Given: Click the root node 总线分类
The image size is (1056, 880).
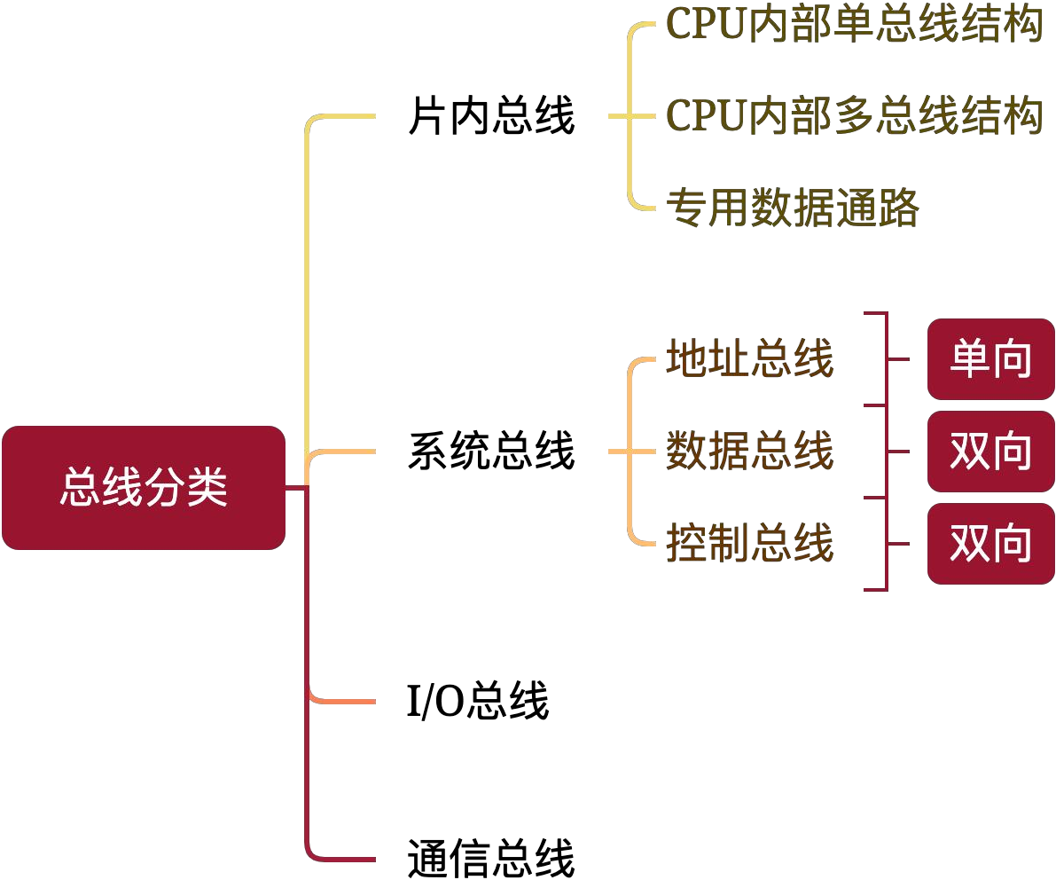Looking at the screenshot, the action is click(144, 487).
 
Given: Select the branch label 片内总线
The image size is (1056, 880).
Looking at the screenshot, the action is click(491, 116).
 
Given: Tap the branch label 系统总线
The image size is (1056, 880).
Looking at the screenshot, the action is click(491, 451).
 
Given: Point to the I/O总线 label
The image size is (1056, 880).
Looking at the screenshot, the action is click(478, 701).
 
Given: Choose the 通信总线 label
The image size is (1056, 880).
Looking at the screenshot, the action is click(491, 858).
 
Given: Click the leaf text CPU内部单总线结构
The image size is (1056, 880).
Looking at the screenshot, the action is click(854, 24).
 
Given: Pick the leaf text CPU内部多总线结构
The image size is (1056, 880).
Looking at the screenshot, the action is click(854, 115).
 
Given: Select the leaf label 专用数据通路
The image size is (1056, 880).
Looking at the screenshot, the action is click(793, 207).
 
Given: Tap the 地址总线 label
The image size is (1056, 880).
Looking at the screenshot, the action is click(750, 357).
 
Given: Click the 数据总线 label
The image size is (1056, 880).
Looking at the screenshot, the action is click(750, 451).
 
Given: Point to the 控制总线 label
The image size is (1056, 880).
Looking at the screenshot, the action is click(750, 542).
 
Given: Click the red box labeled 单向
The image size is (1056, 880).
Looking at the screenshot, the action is click(990, 359).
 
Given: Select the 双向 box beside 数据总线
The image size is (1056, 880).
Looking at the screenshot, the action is click(990, 452).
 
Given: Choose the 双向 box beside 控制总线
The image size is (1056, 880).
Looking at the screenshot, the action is click(990, 543).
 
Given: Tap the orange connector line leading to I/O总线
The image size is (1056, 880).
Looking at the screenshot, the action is click(343, 702).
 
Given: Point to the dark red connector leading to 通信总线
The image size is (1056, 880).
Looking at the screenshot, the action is click(307, 674).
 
